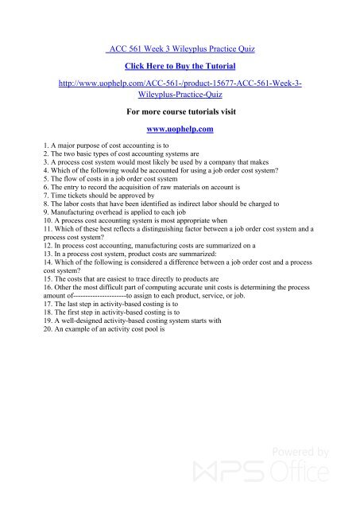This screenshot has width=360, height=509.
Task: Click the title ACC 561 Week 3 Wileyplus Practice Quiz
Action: (180, 49)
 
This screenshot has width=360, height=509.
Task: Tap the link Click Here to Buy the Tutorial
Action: (180, 67)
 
